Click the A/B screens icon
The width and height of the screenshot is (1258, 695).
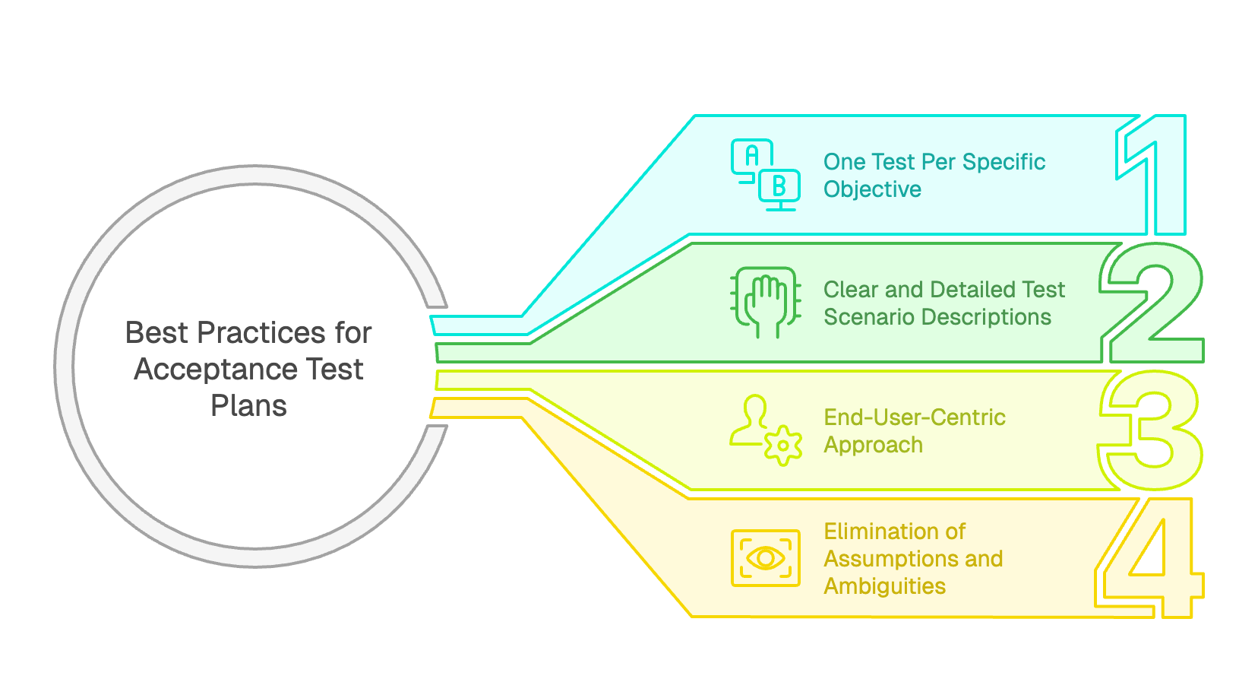(x=765, y=175)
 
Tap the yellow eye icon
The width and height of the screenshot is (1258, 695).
(x=765, y=558)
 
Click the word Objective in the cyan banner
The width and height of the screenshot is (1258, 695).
(x=872, y=189)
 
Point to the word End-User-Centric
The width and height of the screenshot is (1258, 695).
(x=915, y=417)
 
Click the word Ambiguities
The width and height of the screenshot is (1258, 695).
(x=884, y=586)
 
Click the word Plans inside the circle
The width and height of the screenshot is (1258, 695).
(x=248, y=406)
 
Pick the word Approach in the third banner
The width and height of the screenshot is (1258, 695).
(x=873, y=445)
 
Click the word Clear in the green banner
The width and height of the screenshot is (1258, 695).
(x=851, y=290)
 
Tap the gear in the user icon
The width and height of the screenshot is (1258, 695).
(x=783, y=446)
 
